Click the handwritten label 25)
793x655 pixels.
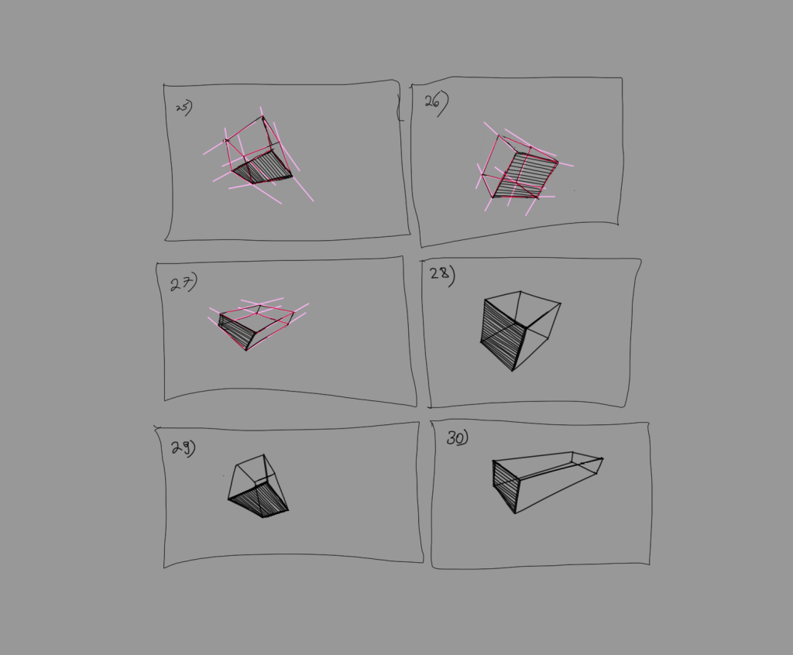tap(184, 108)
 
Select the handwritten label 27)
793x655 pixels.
tap(184, 283)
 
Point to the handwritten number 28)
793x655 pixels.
tap(442, 276)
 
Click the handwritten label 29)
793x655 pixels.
tap(184, 448)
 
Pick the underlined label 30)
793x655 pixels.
tap(457, 438)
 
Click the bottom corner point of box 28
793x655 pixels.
tap(512, 370)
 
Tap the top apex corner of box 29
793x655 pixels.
tap(264, 455)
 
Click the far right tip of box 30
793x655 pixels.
tap(602, 460)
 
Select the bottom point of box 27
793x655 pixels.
tap(246, 350)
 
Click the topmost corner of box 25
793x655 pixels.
tap(263, 117)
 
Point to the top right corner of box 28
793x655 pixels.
tap(560, 304)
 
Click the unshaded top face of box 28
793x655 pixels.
tap(520, 310)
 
